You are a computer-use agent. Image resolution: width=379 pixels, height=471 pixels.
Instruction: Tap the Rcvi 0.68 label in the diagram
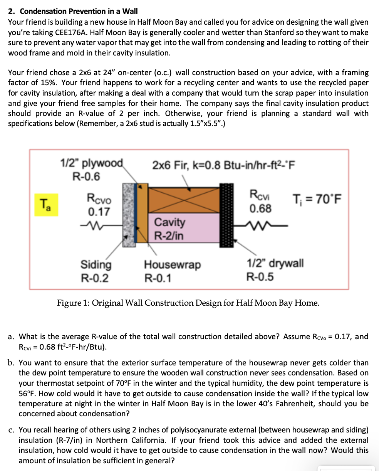(260, 201)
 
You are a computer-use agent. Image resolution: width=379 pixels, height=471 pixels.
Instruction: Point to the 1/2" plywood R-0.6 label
(92, 170)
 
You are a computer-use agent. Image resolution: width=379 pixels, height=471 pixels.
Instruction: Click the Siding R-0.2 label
(96, 271)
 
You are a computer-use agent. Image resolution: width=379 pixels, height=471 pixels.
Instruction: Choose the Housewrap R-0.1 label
(172, 271)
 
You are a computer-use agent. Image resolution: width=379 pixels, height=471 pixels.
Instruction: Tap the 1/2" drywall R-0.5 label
(275, 269)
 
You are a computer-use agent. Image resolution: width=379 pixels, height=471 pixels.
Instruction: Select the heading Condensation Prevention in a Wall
(73, 11)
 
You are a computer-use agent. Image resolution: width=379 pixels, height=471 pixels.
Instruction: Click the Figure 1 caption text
(188, 303)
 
